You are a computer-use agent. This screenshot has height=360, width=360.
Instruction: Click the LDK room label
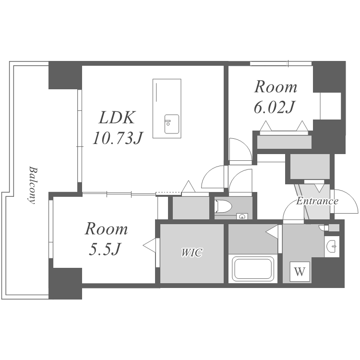pos(117,118)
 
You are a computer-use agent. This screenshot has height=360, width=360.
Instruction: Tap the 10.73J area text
pos(118,138)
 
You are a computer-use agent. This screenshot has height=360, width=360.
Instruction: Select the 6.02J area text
pos(274,107)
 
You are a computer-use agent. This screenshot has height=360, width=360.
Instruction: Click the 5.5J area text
pos(105,249)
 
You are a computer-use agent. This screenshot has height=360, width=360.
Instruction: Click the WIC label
pos(192,252)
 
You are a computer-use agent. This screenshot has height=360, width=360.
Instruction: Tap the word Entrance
pos(317,201)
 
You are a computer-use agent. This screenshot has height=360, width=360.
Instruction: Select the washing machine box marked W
pos(300,272)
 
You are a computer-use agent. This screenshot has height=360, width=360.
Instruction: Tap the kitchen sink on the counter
pos(171,124)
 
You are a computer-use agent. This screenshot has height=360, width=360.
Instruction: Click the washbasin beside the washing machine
pos(332,246)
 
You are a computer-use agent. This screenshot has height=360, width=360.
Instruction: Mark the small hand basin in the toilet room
pos(242,216)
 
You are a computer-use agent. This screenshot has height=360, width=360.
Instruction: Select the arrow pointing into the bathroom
pos(272,232)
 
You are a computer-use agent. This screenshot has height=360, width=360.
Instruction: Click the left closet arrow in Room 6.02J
pos(266,126)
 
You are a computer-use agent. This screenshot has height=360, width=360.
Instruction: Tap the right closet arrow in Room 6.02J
pos(302,126)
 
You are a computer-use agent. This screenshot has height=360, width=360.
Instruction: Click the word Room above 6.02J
pos(276,87)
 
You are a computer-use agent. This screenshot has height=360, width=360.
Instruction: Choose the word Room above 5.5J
pos(106,228)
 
